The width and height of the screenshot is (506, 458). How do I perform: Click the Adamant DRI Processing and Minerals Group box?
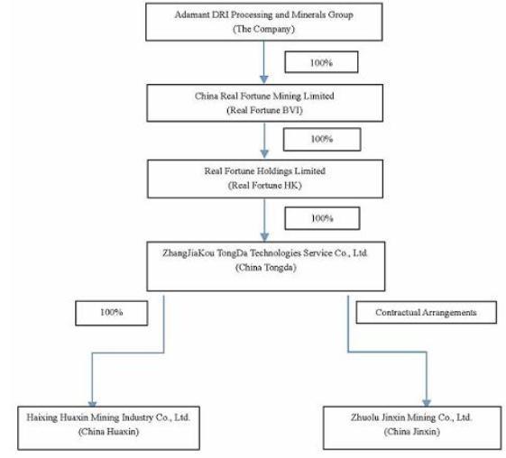point(264,22)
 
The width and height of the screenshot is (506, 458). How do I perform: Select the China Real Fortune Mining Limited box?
point(264,103)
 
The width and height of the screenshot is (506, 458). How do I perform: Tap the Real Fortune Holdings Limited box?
point(265,179)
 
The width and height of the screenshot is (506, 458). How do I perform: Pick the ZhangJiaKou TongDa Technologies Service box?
point(265,266)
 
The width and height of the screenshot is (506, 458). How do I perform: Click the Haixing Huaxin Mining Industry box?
point(108,427)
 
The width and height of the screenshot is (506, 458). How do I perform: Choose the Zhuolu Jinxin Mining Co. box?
point(412,427)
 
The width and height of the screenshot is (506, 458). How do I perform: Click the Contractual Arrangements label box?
point(426,312)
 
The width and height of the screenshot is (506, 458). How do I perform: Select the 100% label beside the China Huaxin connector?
point(111,313)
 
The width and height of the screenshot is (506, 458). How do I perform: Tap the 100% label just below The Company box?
point(321,62)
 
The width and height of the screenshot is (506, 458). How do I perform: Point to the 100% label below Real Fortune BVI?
point(322,139)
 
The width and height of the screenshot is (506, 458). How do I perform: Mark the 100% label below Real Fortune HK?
point(322,218)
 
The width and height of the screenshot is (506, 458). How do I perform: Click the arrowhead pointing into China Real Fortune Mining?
point(264,79)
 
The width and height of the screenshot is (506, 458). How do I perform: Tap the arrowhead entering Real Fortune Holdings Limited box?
point(264,154)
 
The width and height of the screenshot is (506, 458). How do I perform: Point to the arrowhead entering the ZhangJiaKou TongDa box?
point(264,237)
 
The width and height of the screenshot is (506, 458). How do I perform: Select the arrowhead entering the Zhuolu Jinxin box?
point(427,402)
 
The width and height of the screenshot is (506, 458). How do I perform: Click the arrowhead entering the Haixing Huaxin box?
point(92,404)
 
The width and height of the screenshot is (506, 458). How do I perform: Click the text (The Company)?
point(263,29)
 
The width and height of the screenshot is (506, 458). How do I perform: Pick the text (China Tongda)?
point(265,268)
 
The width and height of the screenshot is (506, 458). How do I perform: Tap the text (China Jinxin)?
point(412,432)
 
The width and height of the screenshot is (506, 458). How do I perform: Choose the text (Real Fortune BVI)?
point(264,110)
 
